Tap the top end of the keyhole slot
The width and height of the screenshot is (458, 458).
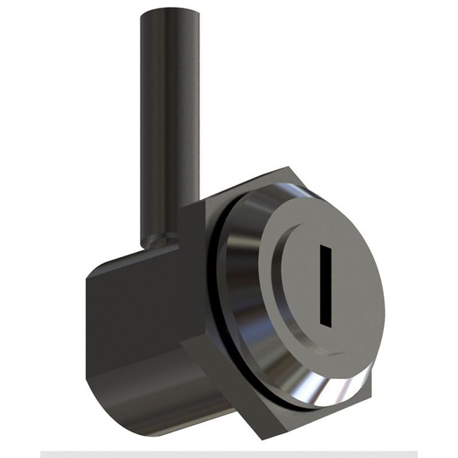pyautogui.click(x=326, y=247)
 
